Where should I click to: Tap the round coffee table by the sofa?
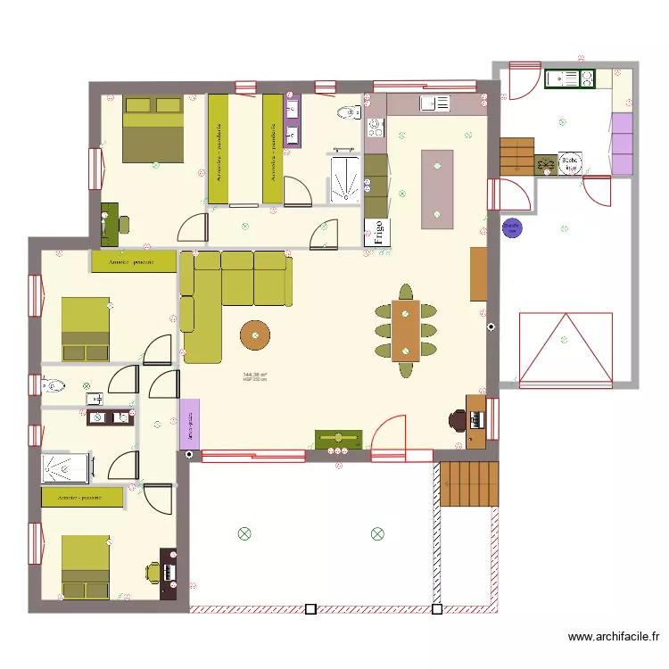(x=255, y=334)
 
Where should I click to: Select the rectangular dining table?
(x=405, y=329)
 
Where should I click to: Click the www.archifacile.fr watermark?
(x=615, y=637)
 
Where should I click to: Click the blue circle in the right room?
(x=512, y=227)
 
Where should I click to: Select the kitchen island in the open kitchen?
(x=437, y=189)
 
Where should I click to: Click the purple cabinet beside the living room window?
(x=189, y=422)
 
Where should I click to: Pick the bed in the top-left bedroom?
(x=153, y=129)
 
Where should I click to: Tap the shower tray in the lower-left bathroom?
(x=67, y=467)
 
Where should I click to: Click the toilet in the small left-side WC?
(x=54, y=386)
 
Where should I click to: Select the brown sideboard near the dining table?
(x=478, y=274)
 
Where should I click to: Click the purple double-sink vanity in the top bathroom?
(x=292, y=120)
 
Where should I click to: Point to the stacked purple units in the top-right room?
(x=623, y=143)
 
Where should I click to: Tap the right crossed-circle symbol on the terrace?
(x=377, y=533)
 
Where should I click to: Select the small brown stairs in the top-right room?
(x=516, y=154)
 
